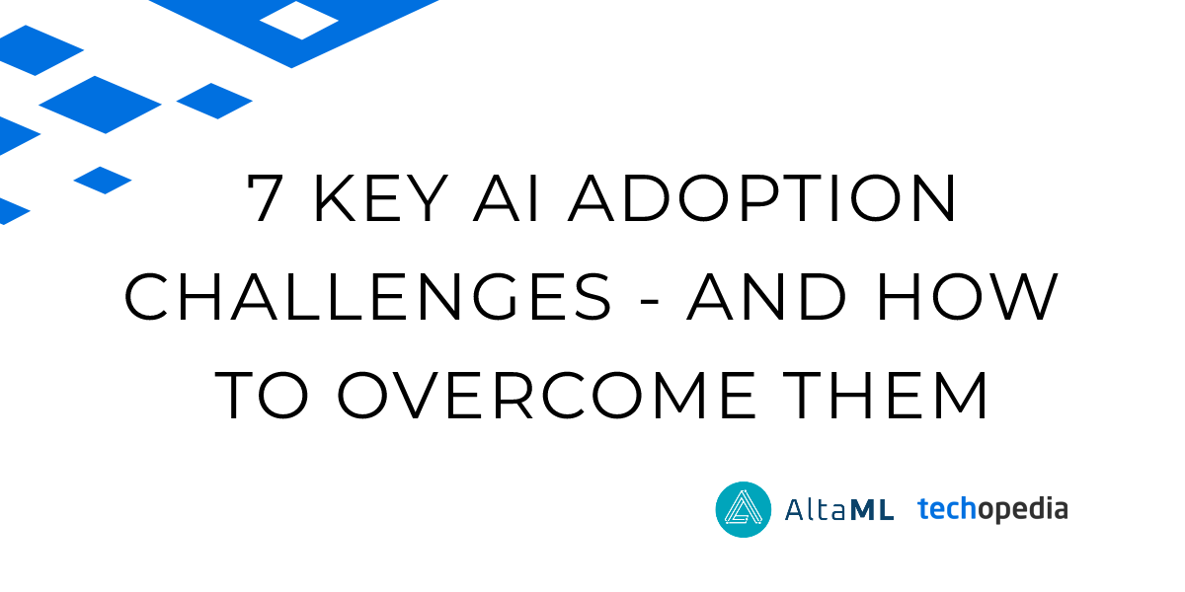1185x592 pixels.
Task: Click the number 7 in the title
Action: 265,197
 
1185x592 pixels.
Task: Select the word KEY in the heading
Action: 381,197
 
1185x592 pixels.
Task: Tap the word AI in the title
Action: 507,197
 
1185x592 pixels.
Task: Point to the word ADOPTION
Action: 762,197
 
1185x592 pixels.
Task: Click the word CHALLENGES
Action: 367,297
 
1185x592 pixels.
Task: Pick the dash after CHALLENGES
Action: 650,301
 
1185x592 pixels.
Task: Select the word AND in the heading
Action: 766,297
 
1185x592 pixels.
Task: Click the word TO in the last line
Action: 262,395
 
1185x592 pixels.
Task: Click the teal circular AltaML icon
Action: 744,509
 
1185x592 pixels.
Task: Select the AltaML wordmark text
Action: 839,510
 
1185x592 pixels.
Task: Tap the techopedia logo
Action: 992,509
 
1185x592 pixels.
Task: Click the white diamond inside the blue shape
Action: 299,20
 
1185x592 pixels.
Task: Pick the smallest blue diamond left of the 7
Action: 103,181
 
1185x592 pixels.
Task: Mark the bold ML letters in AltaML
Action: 872,510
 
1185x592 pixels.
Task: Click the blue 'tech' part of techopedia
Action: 947,508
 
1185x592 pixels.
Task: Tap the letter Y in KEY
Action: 427,197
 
